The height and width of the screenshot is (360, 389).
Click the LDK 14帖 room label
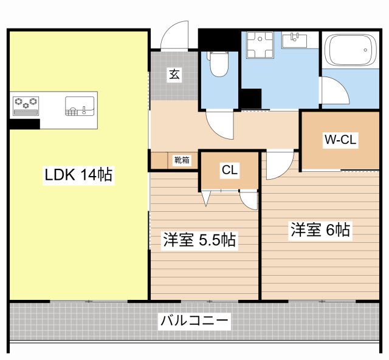click(x=78, y=175)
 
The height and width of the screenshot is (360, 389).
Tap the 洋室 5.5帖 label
click(x=199, y=240)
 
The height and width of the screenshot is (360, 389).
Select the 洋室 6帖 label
click(x=320, y=230)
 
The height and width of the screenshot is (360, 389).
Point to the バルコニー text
click(x=194, y=321)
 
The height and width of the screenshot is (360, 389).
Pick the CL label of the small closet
click(x=229, y=171)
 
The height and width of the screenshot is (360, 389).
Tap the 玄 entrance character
click(x=174, y=75)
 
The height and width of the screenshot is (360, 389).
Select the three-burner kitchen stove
click(x=26, y=104)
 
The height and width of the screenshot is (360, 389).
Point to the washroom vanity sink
click(x=297, y=40)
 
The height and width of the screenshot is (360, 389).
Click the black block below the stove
click(x=24, y=124)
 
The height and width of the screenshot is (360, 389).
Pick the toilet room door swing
click(x=219, y=125)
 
